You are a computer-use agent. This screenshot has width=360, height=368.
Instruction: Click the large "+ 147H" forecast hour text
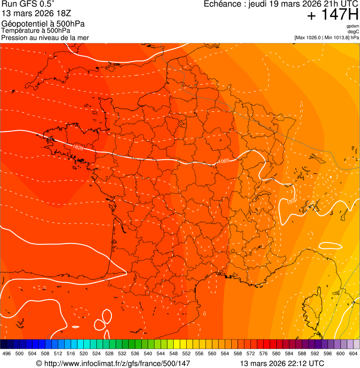click(x=332, y=15)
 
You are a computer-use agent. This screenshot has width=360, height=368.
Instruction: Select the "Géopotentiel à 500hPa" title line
click(x=43, y=24)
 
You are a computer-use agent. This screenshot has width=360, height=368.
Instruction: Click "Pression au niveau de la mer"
click(x=45, y=37)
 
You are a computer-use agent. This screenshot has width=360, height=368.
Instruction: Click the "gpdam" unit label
click(x=353, y=26)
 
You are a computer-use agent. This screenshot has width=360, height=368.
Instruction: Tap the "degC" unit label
click(x=353, y=32)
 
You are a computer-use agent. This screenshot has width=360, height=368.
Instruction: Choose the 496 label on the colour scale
click(x=7, y=353)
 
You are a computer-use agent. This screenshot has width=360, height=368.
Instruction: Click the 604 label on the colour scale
click(x=353, y=353)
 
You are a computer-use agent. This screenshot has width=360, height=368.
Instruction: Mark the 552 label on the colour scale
click(x=186, y=353)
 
